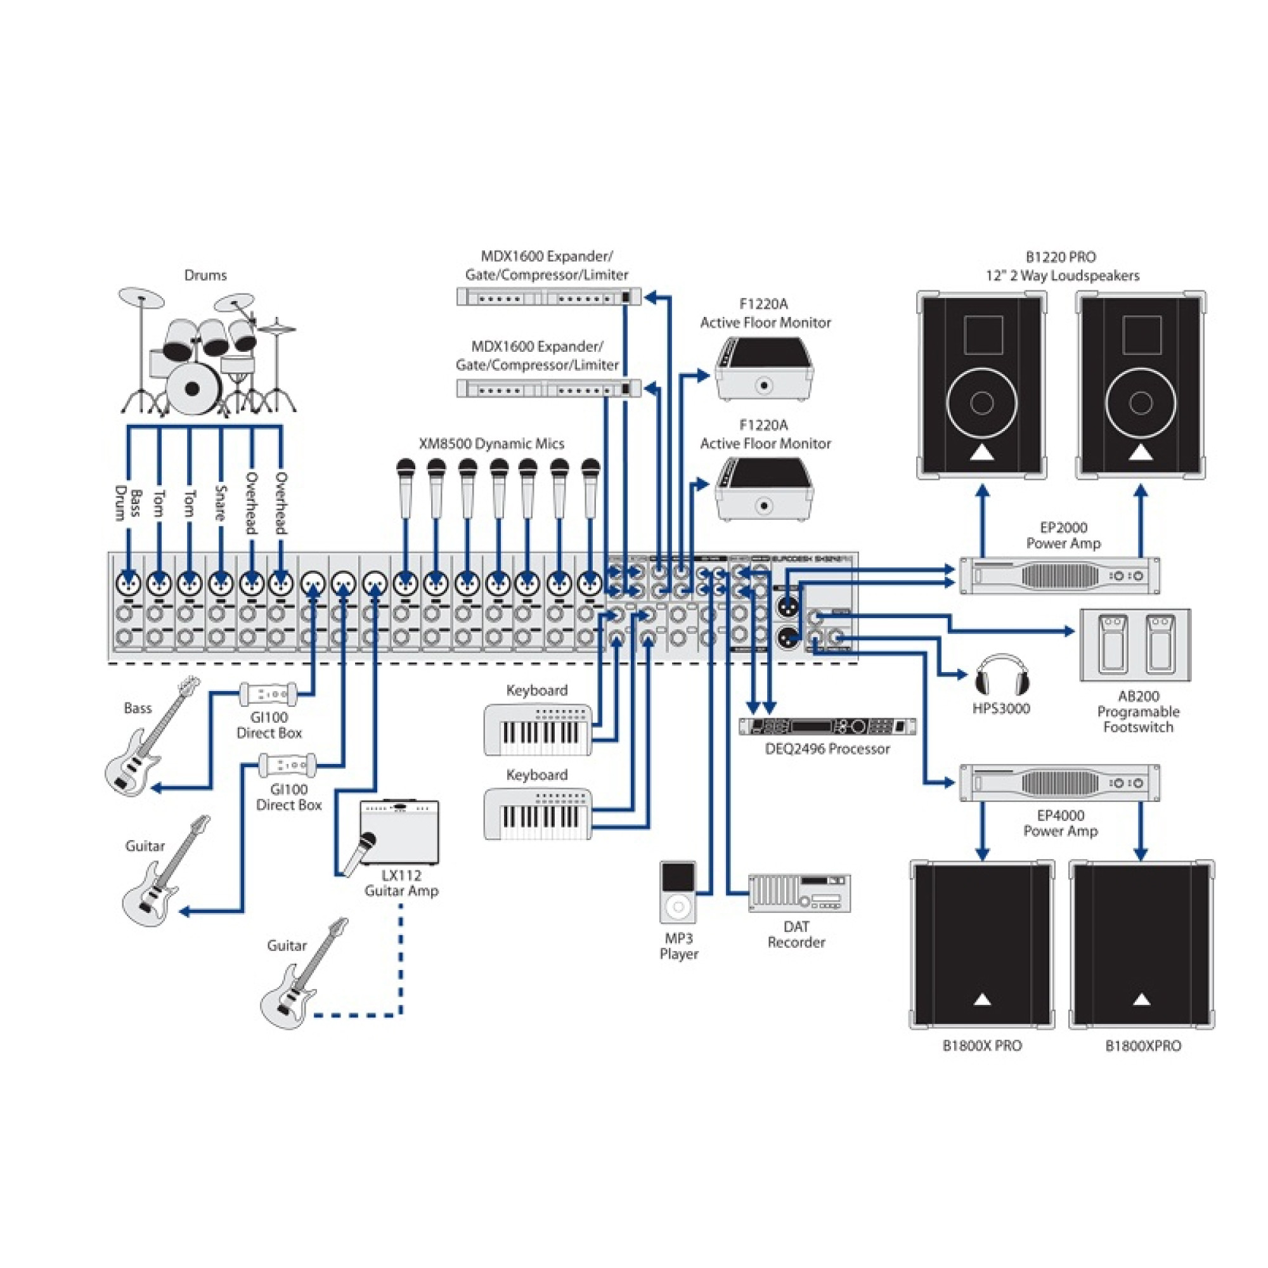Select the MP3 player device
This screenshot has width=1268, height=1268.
click(678, 892)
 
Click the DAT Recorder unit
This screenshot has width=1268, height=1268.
click(799, 893)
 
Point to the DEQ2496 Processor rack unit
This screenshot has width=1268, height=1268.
click(827, 726)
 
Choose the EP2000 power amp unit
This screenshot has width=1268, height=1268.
click(1059, 576)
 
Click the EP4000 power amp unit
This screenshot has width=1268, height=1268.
click(1059, 782)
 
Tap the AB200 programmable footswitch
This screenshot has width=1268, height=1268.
click(1135, 645)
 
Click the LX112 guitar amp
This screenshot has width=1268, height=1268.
click(399, 832)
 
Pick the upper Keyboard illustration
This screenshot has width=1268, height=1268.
click(538, 730)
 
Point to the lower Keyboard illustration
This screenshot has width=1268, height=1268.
click(538, 815)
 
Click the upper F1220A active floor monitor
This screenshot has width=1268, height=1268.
click(764, 369)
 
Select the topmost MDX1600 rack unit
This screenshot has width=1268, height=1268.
click(548, 297)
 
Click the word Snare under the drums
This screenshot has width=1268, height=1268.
click(221, 503)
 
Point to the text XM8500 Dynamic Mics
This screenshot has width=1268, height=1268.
click(491, 444)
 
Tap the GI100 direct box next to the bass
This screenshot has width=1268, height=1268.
click(268, 694)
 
